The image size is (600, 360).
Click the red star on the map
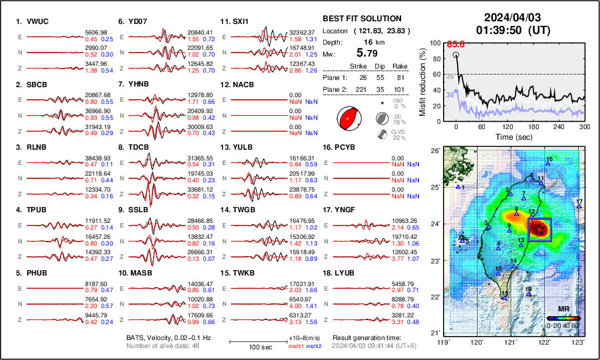[x=539, y=229]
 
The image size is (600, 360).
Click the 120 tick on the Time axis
[x=509, y=126]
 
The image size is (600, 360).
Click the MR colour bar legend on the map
[x=562, y=319]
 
